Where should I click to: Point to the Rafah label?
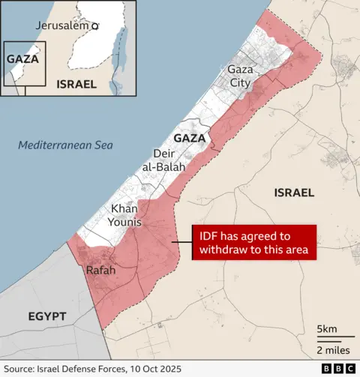point(100,270)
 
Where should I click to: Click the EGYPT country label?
point(47,316)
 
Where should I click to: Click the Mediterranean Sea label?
point(66,145)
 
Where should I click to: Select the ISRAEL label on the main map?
point(294,193)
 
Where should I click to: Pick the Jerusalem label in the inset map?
point(61,25)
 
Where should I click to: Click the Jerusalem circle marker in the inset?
point(95,26)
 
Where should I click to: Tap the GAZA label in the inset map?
point(22,58)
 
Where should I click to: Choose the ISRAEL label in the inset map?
point(76,84)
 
